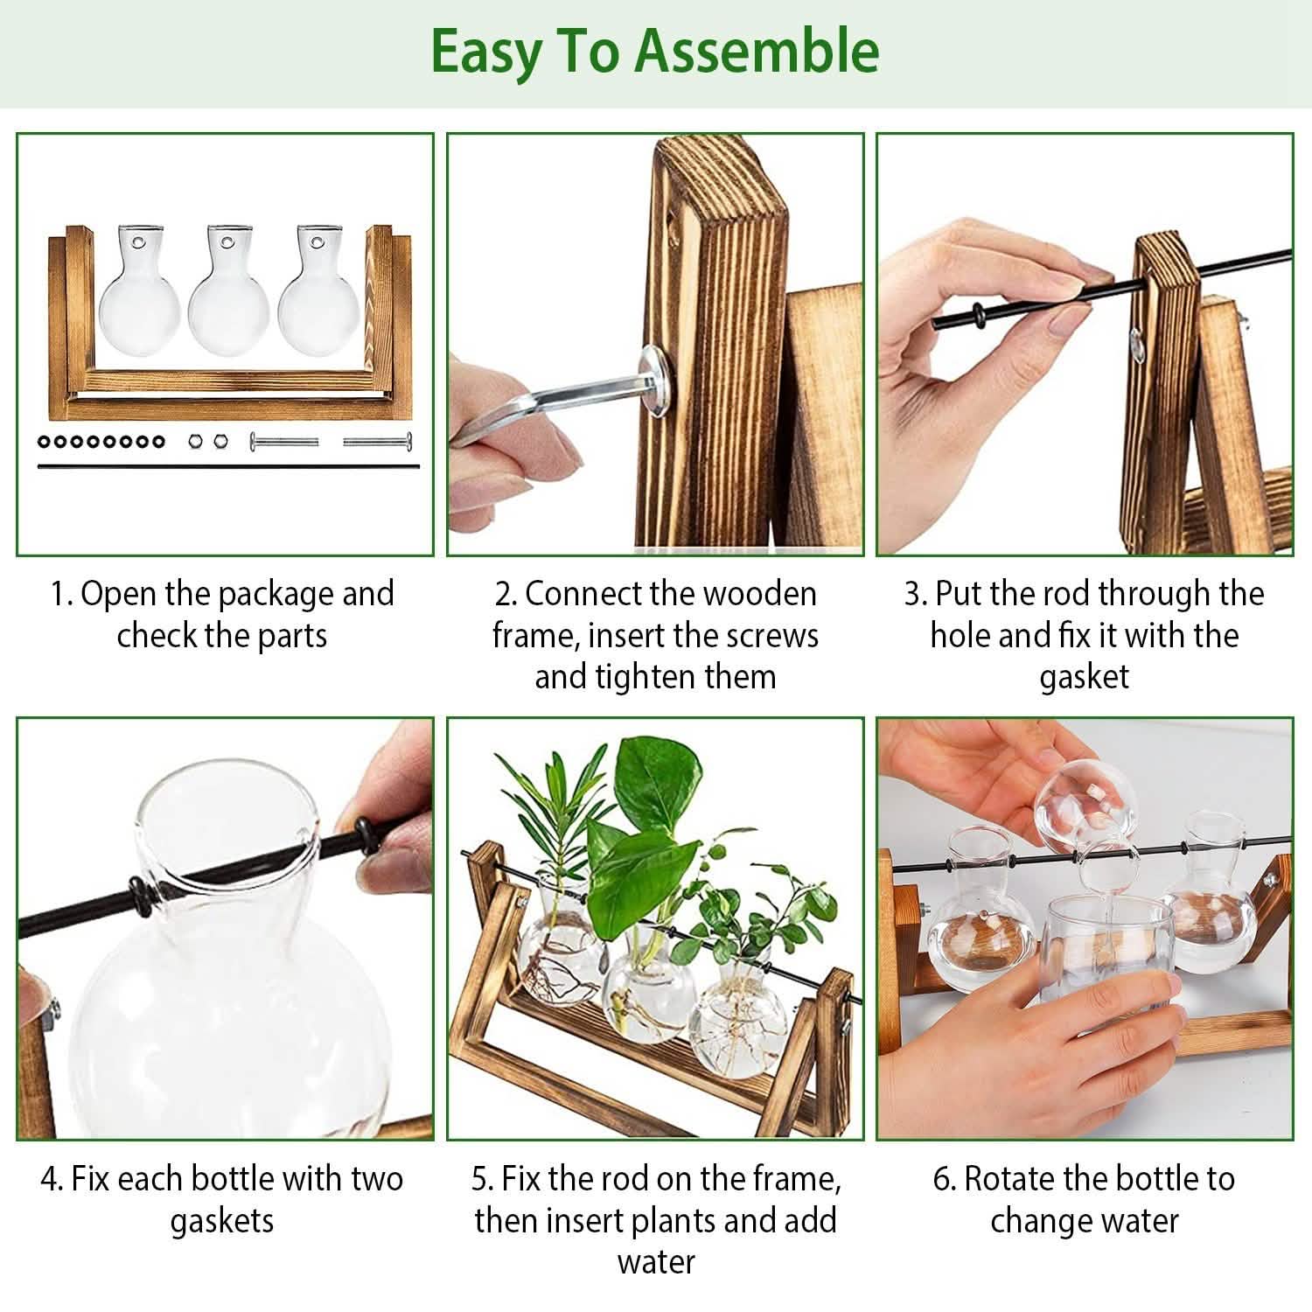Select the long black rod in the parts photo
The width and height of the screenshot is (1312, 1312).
click(x=227, y=466)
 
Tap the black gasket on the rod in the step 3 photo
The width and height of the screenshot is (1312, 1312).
click(x=976, y=314)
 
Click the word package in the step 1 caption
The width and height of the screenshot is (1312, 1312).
click(x=275, y=594)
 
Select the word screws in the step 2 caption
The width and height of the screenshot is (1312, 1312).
click(x=775, y=636)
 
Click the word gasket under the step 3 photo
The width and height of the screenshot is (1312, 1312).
click(x=1084, y=677)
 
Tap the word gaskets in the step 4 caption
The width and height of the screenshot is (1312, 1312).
click(x=221, y=1221)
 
